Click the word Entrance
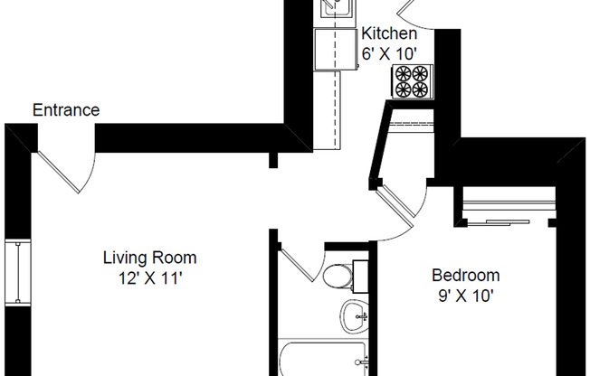pos(66,110)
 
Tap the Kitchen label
pos(389,34)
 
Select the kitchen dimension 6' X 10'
pos(389,52)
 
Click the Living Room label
pos(149,258)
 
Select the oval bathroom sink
pos(354,315)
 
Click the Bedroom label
pos(465,276)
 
